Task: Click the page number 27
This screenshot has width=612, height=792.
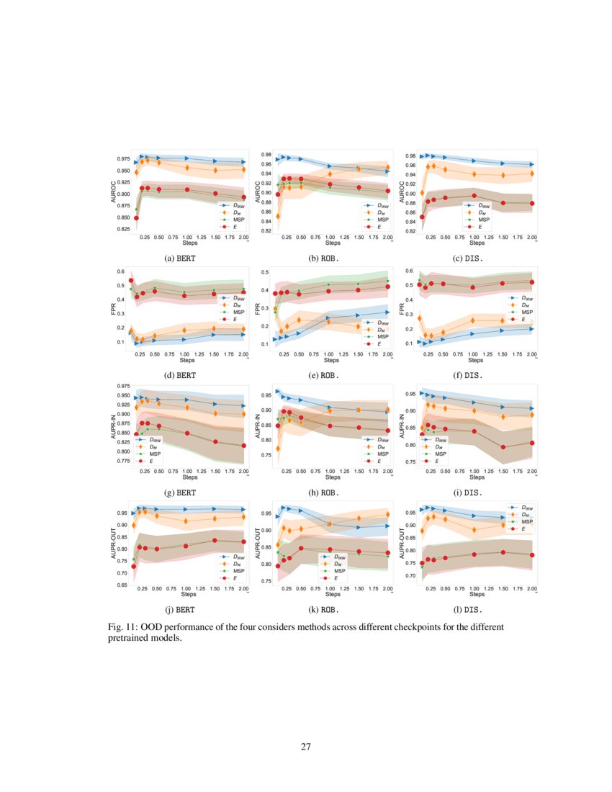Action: tap(306, 746)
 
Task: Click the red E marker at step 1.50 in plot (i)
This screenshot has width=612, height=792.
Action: tap(503, 447)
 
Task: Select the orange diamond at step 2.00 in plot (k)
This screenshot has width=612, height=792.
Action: tap(387, 515)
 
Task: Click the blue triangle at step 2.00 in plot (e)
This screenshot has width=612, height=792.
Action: tap(387, 312)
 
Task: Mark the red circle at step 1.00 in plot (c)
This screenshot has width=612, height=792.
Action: tap(474, 195)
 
